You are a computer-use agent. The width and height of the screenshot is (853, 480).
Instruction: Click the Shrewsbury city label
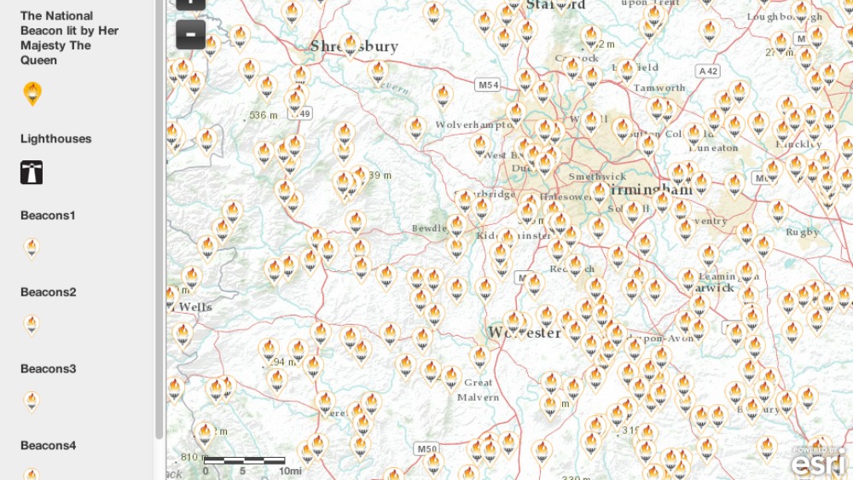(354, 46)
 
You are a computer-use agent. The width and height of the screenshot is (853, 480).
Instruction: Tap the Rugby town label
(802, 232)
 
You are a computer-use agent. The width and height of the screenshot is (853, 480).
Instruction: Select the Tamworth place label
(659, 88)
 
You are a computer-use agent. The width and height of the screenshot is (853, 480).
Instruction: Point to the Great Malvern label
(478, 390)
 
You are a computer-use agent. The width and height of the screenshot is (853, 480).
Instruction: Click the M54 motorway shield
(488, 85)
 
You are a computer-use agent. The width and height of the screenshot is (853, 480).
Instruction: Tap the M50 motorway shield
(426, 448)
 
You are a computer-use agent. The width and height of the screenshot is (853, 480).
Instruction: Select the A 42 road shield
(708, 72)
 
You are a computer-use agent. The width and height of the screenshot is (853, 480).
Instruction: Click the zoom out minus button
(190, 34)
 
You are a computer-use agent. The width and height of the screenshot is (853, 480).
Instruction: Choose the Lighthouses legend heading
(55, 138)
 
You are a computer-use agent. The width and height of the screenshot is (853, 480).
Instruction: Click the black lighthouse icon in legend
(32, 172)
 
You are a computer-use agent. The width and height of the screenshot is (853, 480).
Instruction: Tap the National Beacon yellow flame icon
(32, 93)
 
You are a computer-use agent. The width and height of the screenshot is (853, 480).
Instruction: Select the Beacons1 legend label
(48, 215)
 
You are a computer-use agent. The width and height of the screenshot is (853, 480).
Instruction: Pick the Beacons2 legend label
(49, 292)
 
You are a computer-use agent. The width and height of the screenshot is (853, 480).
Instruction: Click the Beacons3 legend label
(49, 368)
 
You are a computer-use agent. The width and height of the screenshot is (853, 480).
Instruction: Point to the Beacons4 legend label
(49, 445)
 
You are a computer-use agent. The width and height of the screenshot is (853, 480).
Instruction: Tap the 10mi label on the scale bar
(290, 471)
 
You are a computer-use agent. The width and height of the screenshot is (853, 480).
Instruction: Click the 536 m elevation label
(263, 115)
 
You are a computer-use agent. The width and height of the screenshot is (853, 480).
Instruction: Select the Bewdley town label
(429, 228)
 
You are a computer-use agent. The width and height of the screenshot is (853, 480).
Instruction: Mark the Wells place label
(195, 307)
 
